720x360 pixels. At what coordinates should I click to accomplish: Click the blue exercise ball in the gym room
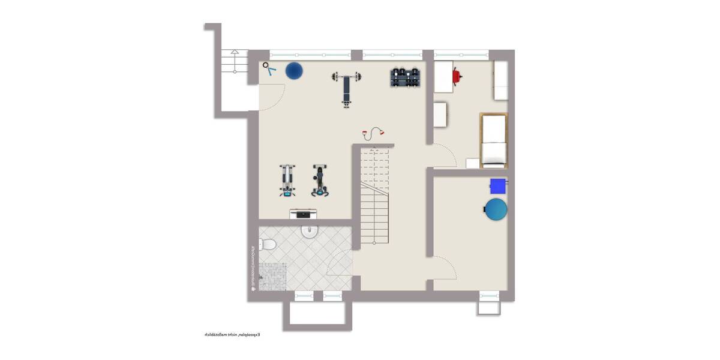point(293,71)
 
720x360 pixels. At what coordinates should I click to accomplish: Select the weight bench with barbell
point(347,87)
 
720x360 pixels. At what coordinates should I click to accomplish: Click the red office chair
point(458,76)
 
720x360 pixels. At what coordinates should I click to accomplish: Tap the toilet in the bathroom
point(268,244)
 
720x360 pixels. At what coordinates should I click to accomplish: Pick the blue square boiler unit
point(498,185)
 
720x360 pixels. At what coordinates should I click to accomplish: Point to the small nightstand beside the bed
point(473,163)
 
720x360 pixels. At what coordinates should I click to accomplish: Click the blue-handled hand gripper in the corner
point(269,70)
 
